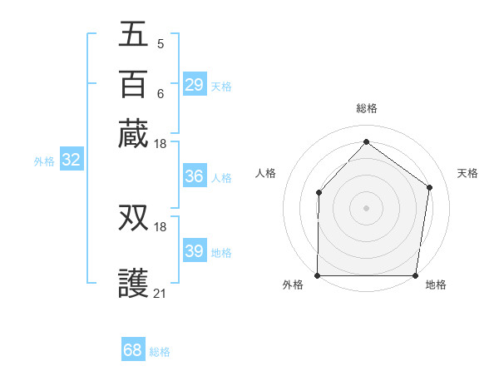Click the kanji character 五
click(x=134, y=34)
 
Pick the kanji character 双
click(x=134, y=217)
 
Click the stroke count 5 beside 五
click(x=160, y=43)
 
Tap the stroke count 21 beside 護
click(x=160, y=293)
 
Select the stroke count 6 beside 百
click(x=160, y=93)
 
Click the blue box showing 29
click(x=194, y=85)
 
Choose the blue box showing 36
click(x=194, y=176)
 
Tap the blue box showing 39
click(x=194, y=251)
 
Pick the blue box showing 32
click(x=72, y=161)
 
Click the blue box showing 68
click(x=133, y=350)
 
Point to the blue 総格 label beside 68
click(x=161, y=352)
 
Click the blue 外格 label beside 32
click(x=44, y=161)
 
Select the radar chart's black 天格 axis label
click(x=467, y=173)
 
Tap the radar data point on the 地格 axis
click(x=416, y=275)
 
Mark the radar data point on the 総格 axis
click(x=366, y=141)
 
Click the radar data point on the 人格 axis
click(x=319, y=193)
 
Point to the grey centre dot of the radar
click(x=366, y=208)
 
